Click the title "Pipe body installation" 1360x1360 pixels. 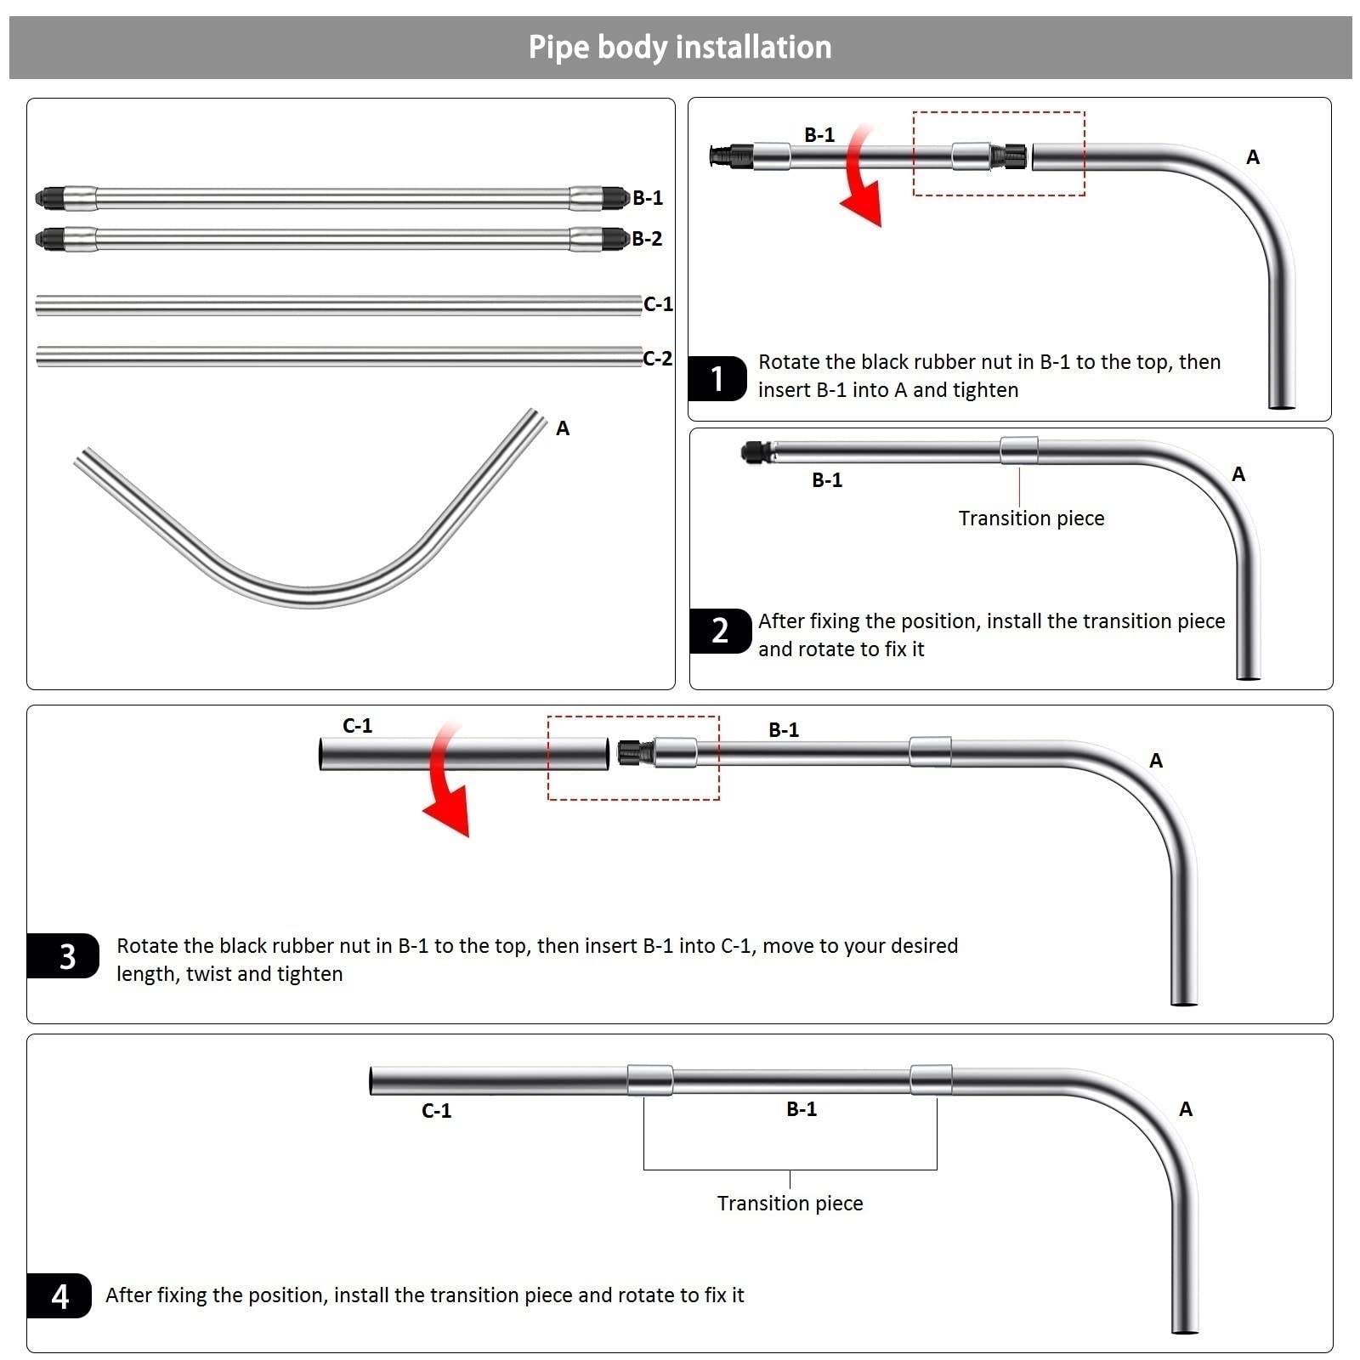[680, 48]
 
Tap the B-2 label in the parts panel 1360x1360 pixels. [647, 239]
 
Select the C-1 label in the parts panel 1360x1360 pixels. [658, 304]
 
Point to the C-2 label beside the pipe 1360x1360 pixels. [657, 359]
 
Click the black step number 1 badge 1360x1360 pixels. [717, 378]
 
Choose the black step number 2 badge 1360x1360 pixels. [720, 631]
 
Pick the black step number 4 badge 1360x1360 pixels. [59, 1296]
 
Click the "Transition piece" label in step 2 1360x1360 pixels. [1031, 518]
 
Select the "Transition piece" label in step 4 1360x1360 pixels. [790, 1204]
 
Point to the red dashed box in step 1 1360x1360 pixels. [999, 154]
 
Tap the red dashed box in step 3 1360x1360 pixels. [633, 757]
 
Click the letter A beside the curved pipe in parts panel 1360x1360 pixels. [563, 428]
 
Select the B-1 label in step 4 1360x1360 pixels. [801, 1109]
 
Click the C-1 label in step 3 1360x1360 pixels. [357, 726]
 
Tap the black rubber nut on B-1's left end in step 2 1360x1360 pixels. [755, 452]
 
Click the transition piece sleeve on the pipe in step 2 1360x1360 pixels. [1019, 450]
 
